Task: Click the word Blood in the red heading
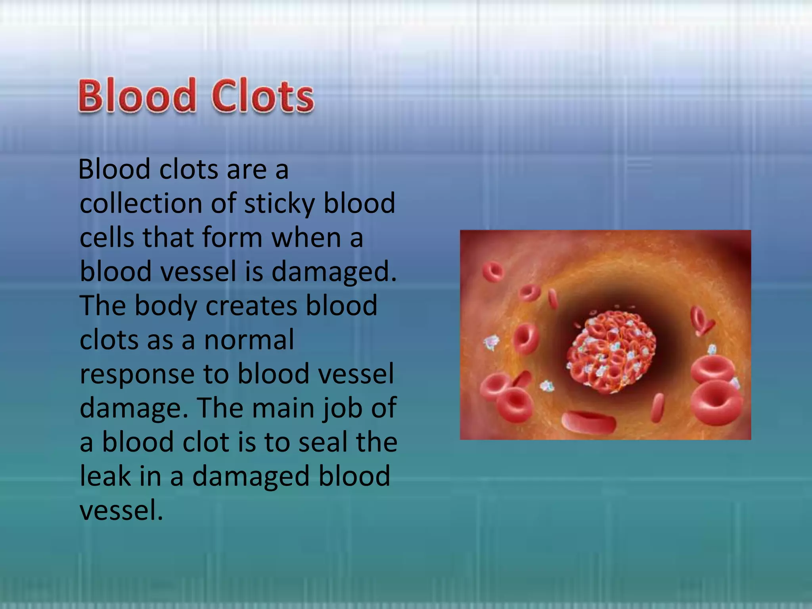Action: tap(137, 96)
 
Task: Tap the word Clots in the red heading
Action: tap(263, 96)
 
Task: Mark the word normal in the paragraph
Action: tap(249, 340)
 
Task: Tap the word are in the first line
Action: tap(246, 170)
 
